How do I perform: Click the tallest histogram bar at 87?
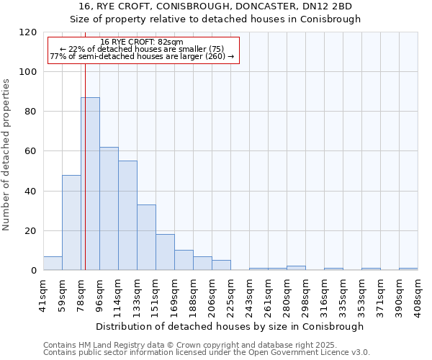[90, 184]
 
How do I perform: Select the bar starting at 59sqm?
[71, 222]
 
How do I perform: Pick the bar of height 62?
[109, 209]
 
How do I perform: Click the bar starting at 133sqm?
[146, 238]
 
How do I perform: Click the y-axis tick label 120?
[29, 32]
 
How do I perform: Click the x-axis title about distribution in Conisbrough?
[230, 326]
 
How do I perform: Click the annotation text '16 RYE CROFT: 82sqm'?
[142, 42]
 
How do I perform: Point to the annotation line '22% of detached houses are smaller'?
[142, 49]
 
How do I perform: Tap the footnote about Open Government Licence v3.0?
[207, 353]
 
